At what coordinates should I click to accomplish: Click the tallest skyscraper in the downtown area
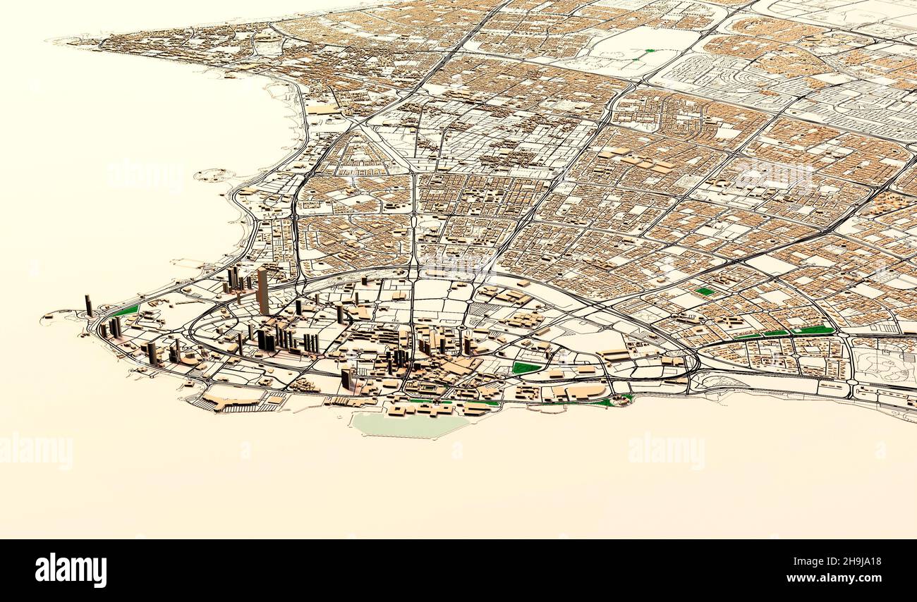tap(262, 290)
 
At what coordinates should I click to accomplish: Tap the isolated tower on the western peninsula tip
tap(89, 305)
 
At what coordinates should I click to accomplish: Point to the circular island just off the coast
tap(214, 175)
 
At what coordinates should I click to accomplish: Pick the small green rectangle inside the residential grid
tap(704, 291)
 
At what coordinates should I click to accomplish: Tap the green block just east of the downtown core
tap(525, 367)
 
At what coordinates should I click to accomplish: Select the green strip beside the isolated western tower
tap(127, 310)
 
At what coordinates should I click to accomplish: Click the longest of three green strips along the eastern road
tap(812, 330)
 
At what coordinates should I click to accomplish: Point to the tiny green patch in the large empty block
tap(648, 51)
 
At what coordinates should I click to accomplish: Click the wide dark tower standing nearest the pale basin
tap(346, 379)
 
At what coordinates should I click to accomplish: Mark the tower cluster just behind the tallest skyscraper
tap(236, 278)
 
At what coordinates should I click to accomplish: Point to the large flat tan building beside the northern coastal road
tap(323, 109)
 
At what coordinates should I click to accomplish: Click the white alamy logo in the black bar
tap(71, 570)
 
